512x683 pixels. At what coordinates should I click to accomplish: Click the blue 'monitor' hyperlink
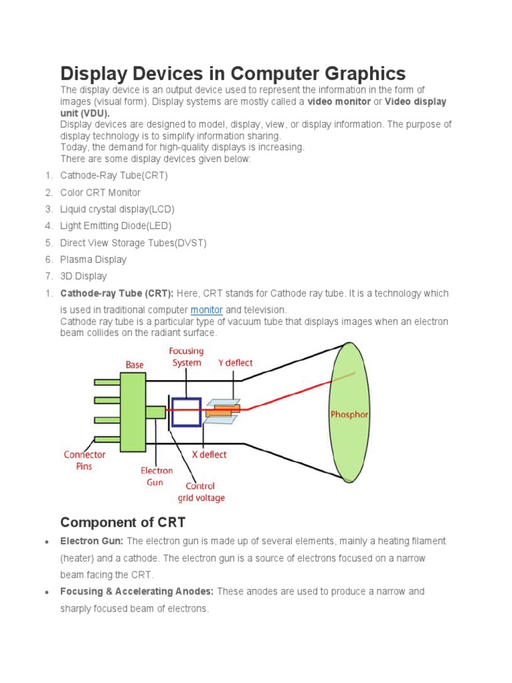click(206, 310)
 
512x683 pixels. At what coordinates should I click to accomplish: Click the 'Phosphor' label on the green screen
click(349, 414)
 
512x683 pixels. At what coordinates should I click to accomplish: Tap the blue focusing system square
click(186, 412)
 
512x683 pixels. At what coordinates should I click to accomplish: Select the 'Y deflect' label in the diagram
click(235, 363)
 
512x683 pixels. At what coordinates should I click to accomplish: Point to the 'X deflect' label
click(205, 454)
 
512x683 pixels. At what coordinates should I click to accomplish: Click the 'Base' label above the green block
click(135, 365)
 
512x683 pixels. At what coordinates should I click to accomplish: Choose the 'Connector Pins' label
click(85, 460)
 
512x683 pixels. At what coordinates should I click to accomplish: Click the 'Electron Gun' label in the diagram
click(157, 476)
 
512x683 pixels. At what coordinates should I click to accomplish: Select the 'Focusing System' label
click(187, 357)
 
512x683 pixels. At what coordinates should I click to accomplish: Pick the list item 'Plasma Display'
click(93, 259)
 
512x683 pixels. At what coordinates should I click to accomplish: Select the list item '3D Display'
click(83, 276)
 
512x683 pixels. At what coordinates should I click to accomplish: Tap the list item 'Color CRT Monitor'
click(100, 193)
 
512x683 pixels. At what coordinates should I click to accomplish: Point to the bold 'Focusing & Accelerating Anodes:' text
click(137, 592)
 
